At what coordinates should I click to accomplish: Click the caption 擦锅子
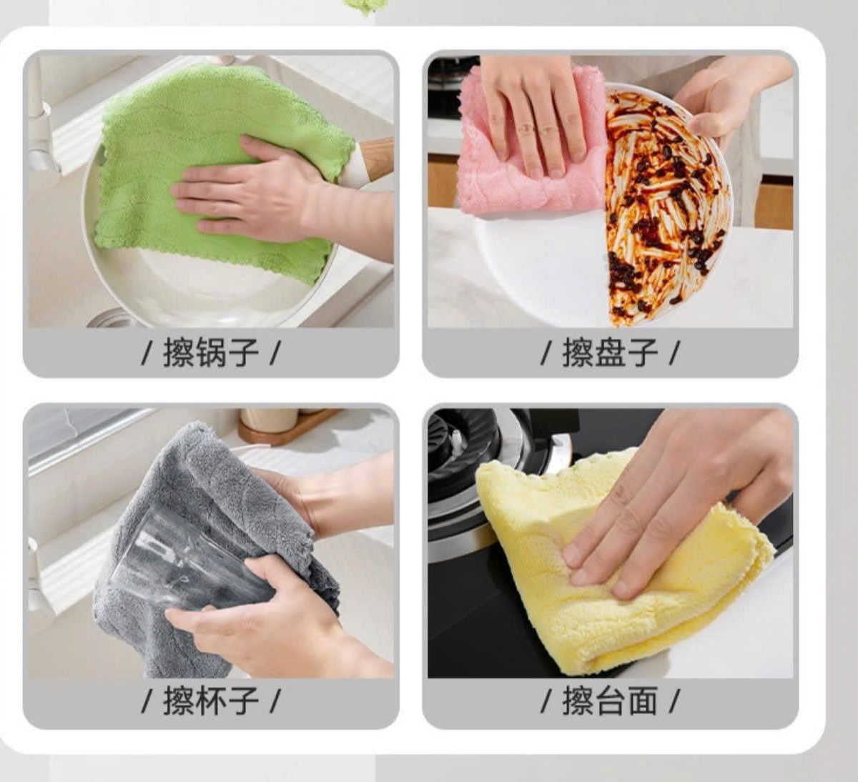[x=210, y=352]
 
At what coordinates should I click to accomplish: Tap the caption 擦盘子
[x=609, y=352]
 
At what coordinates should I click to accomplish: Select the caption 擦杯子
[x=210, y=700]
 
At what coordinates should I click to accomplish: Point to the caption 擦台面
[x=609, y=700]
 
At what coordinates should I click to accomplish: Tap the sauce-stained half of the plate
[x=665, y=207]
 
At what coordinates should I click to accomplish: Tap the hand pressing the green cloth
[x=250, y=193]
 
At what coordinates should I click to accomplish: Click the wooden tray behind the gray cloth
[x=286, y=429]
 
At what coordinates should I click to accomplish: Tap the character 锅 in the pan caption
[x=210, y=352]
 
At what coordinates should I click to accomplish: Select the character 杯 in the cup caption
[x=210, y=700]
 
